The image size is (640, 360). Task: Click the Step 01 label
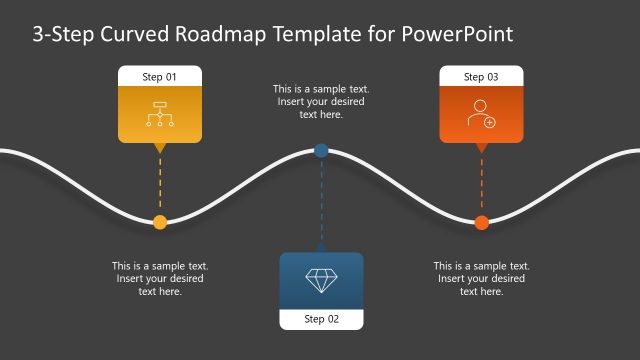coord(160,77)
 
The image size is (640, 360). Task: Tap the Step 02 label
coord(321,319)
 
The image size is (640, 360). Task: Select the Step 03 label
coord(481,77)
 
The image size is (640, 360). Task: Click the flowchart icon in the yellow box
coord(160,114)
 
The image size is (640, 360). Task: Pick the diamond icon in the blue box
coord(321,280)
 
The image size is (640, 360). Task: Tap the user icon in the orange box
coord(481,114)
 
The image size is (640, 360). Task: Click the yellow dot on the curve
coord(160,222)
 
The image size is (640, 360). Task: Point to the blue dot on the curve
coord(321,151)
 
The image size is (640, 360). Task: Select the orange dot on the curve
coord(481,222)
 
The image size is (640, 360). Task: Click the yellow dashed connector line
coord(160,185)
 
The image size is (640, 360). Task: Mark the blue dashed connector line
coord(321,200)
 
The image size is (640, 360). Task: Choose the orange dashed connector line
coord(481,185)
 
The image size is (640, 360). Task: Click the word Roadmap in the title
coord(218,34)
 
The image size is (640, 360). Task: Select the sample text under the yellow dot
coord(160,279)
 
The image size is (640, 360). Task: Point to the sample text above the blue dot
coord(321,102)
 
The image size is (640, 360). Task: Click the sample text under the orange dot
coord(481,279)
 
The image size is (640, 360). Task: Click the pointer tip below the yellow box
coord(160,150)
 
